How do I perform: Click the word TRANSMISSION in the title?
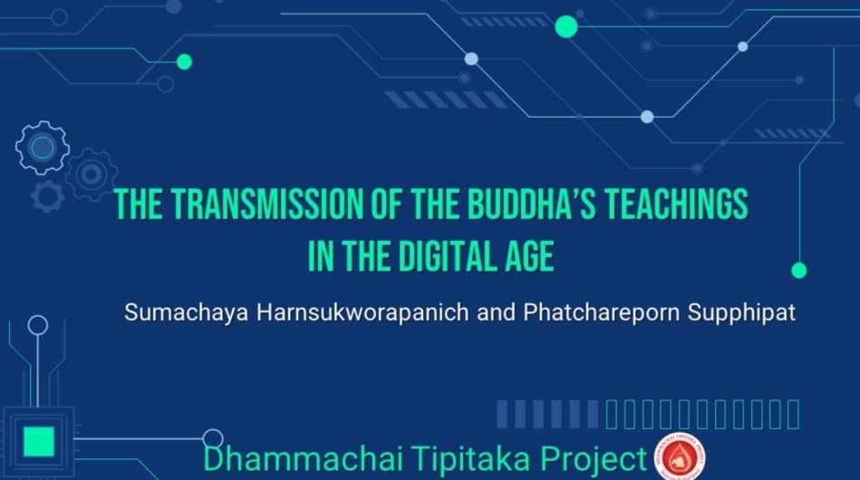click(x=268, y=204)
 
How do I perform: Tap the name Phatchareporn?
click(x=602, y=312)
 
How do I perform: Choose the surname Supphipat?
click(x=741, y=312)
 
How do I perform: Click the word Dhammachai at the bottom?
click(x=303, y=457)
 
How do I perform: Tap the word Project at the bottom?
click(x=594, y=459)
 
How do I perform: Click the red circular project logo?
click(x=680, y=457)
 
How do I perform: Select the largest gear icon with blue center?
click(x=43, y=148)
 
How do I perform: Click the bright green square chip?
click(x=38, y=442)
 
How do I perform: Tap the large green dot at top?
click(x=566, y=27)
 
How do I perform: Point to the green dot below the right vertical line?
click(x=799, y=270)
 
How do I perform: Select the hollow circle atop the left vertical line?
click(x=38, y=325)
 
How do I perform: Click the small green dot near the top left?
click(x=184, y=62)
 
